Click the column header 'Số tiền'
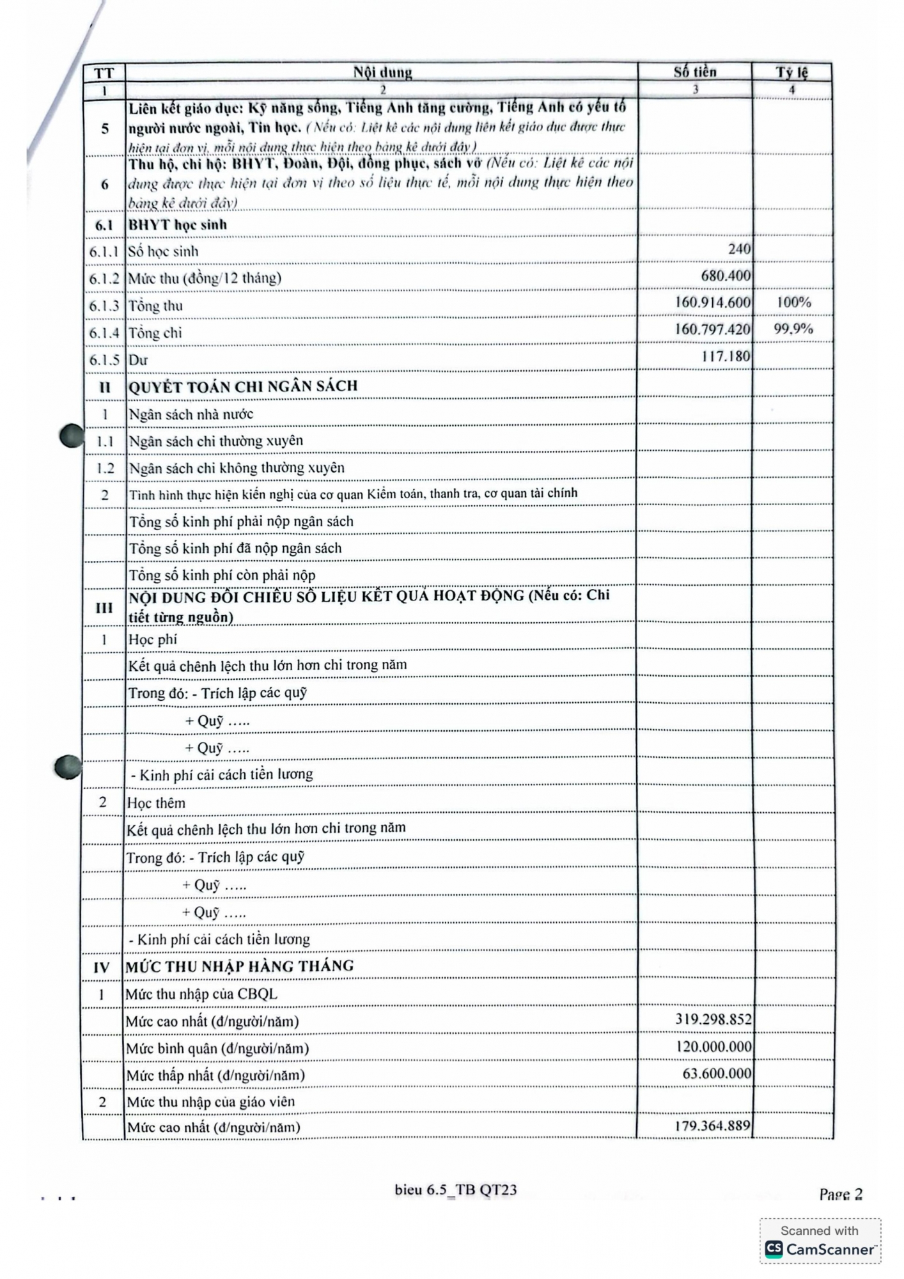(695, 72)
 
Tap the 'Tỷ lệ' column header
(792, 72)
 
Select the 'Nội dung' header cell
(382, 72)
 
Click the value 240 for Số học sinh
(739, 249)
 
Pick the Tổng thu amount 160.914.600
(713, 302)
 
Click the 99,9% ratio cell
(793, 329)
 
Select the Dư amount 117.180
(726, 356)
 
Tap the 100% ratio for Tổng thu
(793, 302)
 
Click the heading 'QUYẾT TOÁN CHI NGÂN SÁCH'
(243, 386)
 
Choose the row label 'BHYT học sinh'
(178, 224)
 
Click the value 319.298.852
(713, 1019)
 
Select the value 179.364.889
(712, 1126)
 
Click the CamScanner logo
(820, 1249)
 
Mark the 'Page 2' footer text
(841, 1195)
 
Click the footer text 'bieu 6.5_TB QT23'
(456, 1190)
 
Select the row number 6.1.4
(104, 333)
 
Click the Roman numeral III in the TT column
(104, 608)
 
